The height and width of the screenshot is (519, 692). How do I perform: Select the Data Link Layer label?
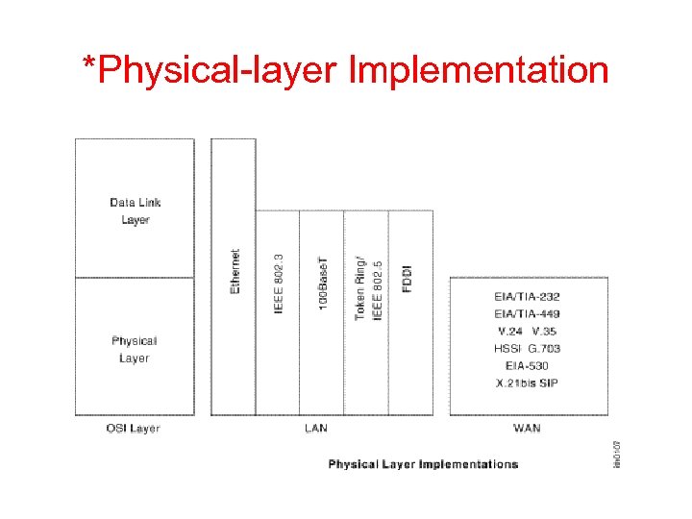pos(136,210)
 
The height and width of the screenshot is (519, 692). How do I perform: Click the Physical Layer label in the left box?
pos(135,349)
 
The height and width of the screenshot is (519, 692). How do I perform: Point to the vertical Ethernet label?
pos(235,272)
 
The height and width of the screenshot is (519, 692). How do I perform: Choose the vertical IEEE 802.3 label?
pos(279,284)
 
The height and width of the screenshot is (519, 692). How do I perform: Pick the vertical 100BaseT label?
pos(323,283)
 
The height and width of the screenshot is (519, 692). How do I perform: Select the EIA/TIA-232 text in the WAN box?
pos(527,297)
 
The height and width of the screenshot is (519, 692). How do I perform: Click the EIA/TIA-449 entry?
pos(527,314)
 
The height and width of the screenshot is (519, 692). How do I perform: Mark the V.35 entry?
pos(545,332)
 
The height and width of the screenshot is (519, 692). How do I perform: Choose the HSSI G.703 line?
pos(527,349)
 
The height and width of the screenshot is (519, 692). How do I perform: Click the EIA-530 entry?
pos(527,366)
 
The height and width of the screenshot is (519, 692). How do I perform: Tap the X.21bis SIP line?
pos(527,383)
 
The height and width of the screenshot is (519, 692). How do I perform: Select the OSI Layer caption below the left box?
pos(133,428)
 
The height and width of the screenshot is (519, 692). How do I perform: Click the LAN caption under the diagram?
pos(315,428)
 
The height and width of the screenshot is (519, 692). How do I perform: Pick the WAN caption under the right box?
pos(527,428)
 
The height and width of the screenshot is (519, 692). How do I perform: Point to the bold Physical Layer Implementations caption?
pos(423,464)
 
